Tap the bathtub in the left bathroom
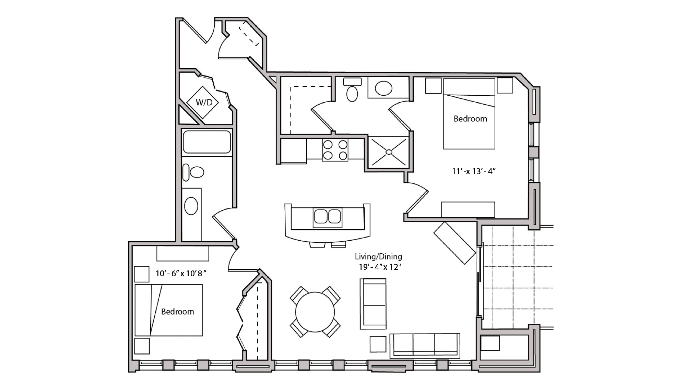tap(206, 142)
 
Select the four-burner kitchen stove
tap(335, 150)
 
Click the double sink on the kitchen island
tap(327, 217)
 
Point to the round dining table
tap(315, 312)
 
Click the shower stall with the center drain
tap(389, 152)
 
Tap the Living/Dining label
tap(378, 256)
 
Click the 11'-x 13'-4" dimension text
tap(474, 171)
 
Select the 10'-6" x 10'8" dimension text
tap(181, 273)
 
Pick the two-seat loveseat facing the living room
tap(373, 304)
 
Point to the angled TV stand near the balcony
tap(455, 243)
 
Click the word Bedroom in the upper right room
tap(470, 119)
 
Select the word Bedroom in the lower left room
tap(177, 312)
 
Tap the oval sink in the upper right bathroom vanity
tap(383, 88)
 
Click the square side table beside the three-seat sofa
tap(378, 344)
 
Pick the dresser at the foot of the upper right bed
tap(468, 209)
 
